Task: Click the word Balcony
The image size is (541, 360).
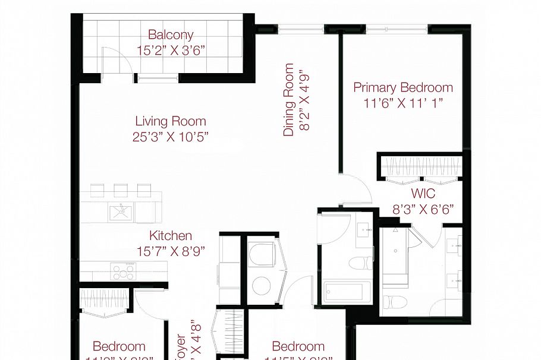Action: pos(171,35)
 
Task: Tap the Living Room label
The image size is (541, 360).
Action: pos(171,121)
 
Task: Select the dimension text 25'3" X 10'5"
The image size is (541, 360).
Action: pos(171,137)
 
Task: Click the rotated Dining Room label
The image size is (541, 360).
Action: pos(289,100)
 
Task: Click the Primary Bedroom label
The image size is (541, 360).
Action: pos(403,88)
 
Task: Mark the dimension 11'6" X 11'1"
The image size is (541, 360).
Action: pos(403,103)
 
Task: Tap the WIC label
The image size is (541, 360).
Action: pos(423,194)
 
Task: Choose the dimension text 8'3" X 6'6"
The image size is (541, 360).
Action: pos(423,209)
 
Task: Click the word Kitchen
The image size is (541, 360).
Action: pos(171,236)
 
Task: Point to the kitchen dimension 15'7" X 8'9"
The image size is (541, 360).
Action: pos(171,251)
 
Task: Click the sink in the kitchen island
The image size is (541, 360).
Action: pos(121,210)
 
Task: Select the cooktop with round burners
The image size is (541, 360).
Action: pos(123,271)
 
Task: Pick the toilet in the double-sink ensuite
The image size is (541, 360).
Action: pos(393,302)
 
